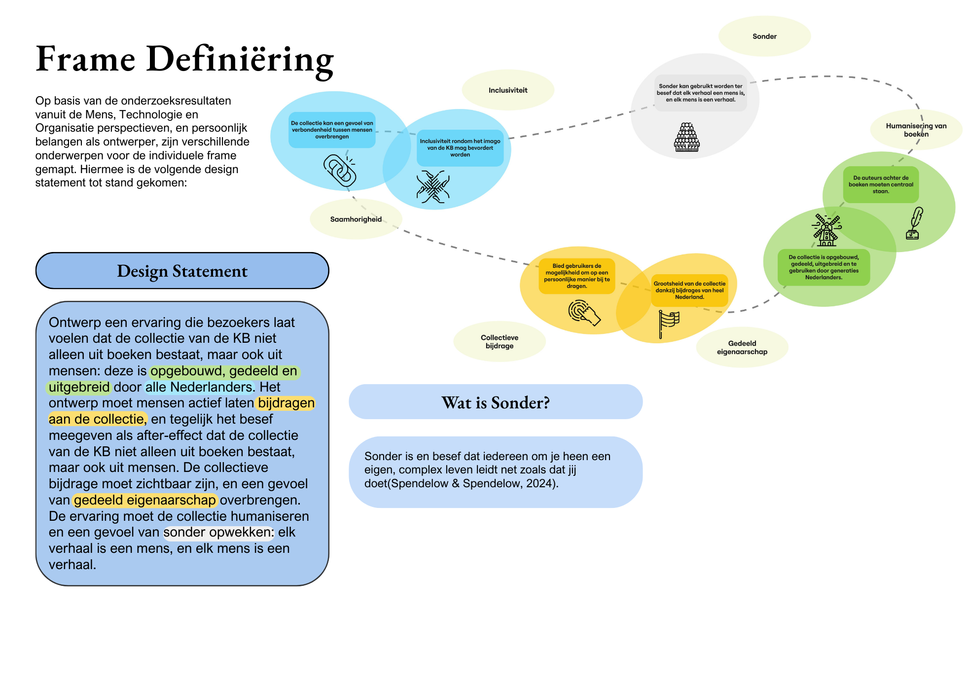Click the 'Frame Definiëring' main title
coord(185,59)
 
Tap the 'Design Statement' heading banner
coord(182,271)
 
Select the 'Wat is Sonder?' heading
coord(495,402)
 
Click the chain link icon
coord(340,171)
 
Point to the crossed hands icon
coord(433,187)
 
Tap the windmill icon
coord(826,230)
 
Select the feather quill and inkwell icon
coord(914,223)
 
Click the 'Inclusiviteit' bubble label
coord(508,90)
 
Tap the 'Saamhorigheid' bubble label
coord(356,219)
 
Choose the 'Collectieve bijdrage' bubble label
coord(500,342)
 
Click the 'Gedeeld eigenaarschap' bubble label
coord(742,348)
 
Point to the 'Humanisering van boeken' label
coord(916,130)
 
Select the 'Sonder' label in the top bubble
coord(764,36)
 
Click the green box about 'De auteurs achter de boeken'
coord(881,184)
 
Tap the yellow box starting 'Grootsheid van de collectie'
coord(689,290)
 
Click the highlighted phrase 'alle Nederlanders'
coord(199,387)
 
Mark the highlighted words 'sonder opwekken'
coord(218,533)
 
